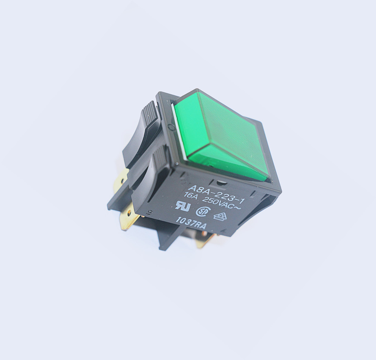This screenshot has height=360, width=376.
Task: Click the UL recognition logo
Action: click(183, 206)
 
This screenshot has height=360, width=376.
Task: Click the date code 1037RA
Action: click(191, 223)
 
